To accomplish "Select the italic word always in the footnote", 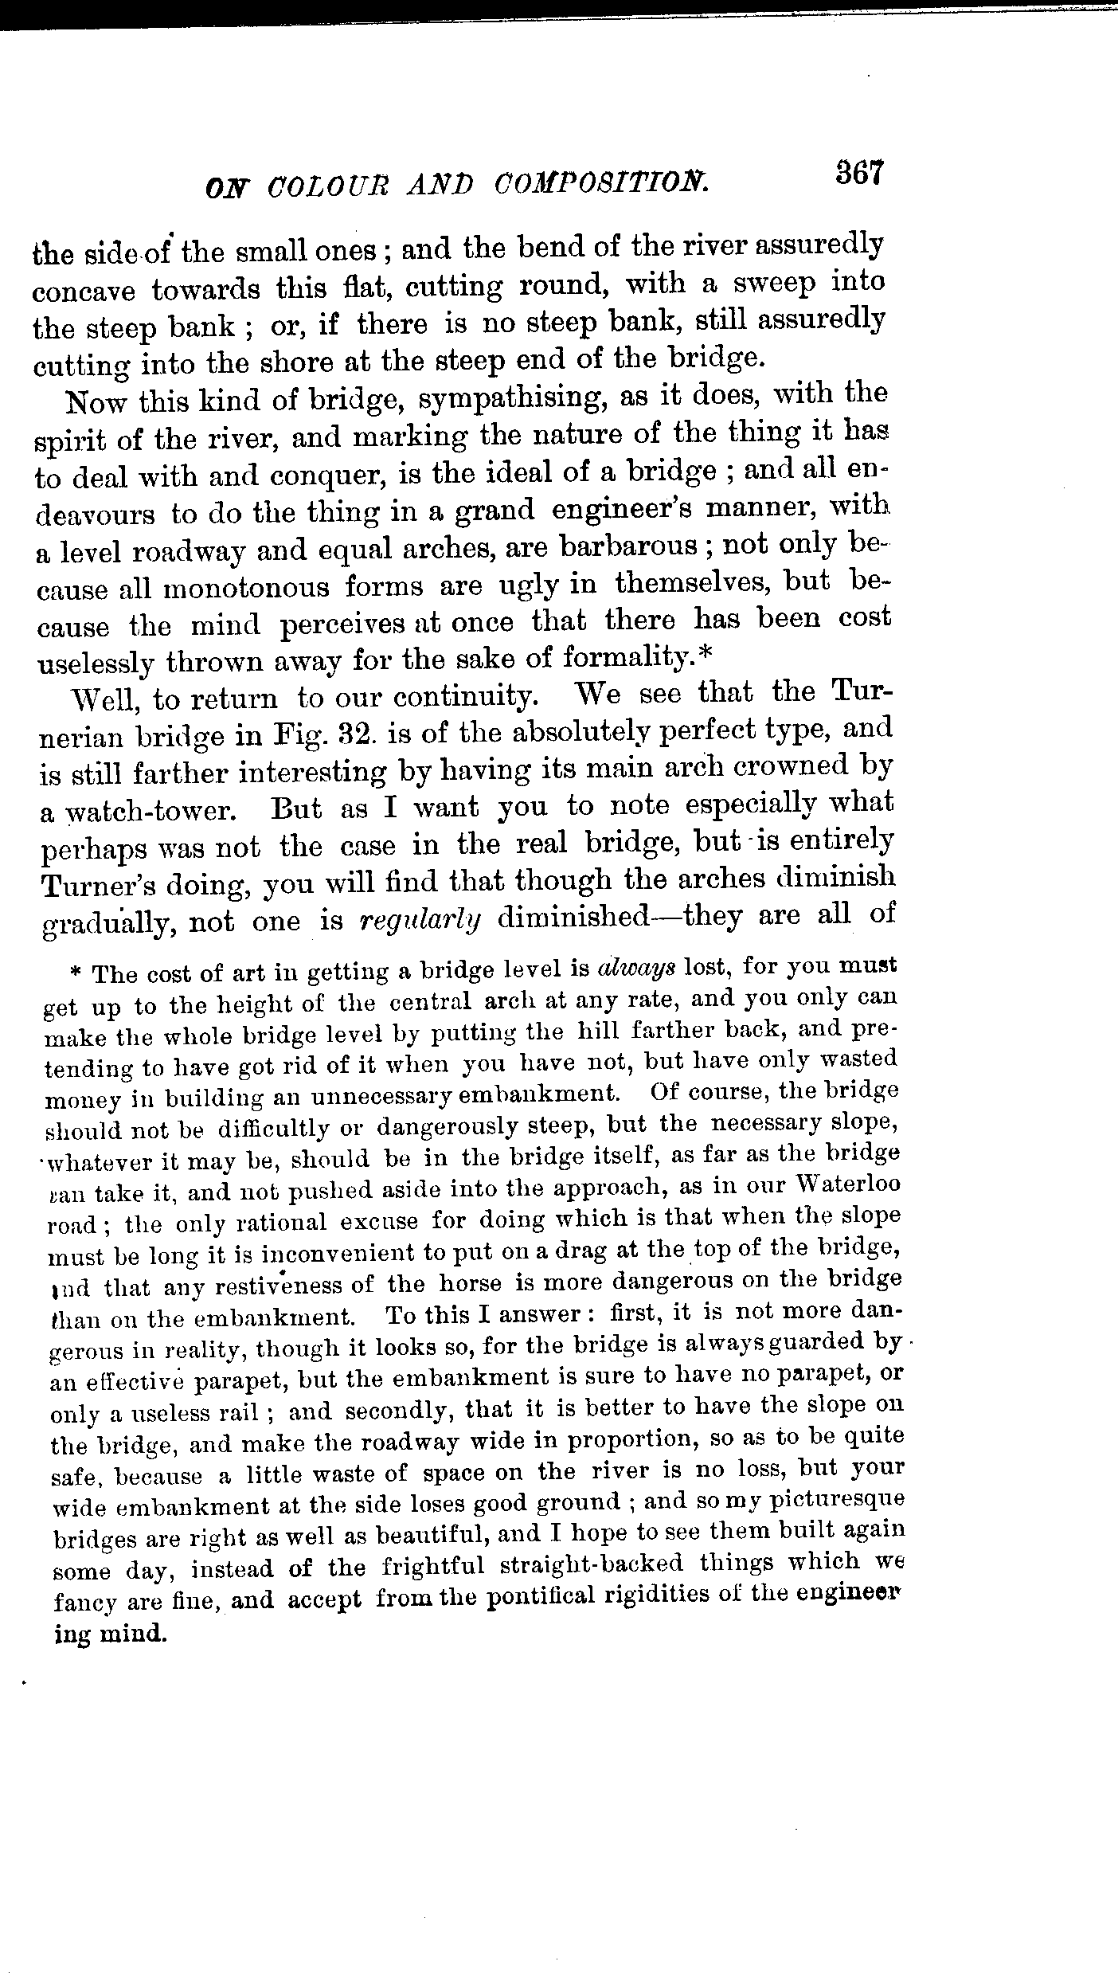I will click(636, 968).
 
